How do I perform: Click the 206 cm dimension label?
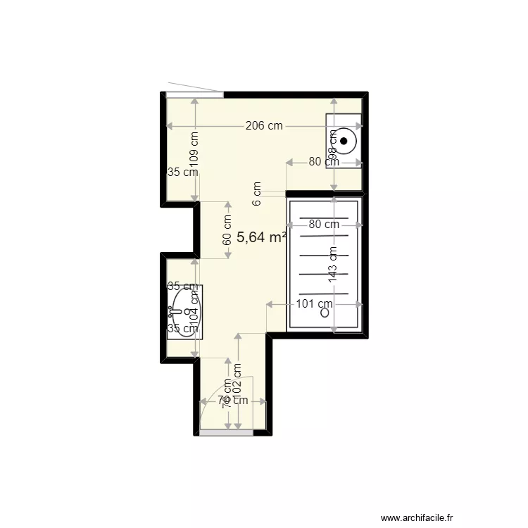point(264,126)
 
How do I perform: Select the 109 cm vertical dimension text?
point(194,149)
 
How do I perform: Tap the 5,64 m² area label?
point(261,237)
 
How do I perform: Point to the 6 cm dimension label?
point(257,194)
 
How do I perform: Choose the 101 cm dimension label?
point(314,305)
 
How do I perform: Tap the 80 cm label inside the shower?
point(324,225)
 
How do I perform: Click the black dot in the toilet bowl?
point(344,141)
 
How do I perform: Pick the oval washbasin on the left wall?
point(184,310)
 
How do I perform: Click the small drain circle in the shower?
point(325,314)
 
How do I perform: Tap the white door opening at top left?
point(195,94)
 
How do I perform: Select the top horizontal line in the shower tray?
point(324,218)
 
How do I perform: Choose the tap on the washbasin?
point(173,310)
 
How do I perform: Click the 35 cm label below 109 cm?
point(182,172)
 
